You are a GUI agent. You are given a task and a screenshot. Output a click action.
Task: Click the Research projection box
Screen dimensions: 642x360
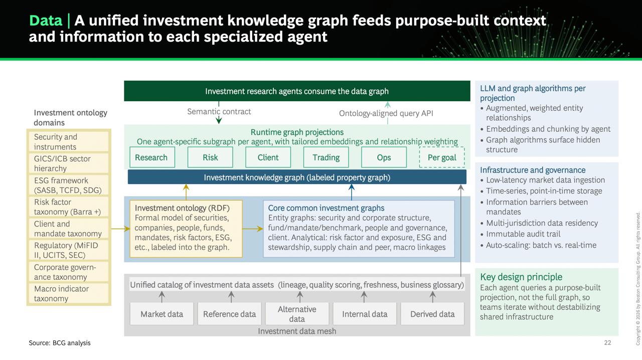click(x=152, y=157)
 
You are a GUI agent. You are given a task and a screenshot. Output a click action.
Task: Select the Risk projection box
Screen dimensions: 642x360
click(x=210, y=157)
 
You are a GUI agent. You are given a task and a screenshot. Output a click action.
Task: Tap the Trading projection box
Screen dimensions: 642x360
click(x=326, y=157)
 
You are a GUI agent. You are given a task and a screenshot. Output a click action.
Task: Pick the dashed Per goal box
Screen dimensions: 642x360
click(x=442, y=157)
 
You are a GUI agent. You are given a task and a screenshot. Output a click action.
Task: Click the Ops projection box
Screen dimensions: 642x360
click(x=384, y=157)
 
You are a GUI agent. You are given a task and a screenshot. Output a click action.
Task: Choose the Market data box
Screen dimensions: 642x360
click(x=162, y=314)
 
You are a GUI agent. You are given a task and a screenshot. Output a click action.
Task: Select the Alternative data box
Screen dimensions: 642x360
click(x=297, y=314)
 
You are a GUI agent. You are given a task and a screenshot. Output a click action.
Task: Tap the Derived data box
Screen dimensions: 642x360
click(x=432, y=314)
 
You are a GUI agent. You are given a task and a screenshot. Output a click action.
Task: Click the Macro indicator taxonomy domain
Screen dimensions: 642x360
click(x=69, y=293)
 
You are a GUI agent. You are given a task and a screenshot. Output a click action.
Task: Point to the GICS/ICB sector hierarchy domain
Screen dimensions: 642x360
click(x=69, y=163)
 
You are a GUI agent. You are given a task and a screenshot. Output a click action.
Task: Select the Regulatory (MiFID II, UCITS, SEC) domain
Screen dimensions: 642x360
click(x=69, y=250)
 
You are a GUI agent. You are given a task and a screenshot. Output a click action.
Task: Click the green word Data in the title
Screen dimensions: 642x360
click(x=46, y=21)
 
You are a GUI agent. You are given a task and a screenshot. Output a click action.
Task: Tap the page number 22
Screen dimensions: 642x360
click(x=607, y=342)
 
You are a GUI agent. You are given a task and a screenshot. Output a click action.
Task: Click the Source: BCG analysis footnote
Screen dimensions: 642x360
click(x=60, y=343)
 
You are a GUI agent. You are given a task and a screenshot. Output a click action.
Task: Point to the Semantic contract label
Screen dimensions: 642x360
click(x=219, y=111)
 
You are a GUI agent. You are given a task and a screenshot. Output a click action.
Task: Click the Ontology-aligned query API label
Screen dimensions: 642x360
click(x=386, y=113)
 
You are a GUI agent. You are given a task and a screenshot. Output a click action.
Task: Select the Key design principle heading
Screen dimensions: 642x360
click(x=521, y=277)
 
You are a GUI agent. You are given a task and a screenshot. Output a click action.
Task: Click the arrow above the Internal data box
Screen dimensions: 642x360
click(x=364, y=297)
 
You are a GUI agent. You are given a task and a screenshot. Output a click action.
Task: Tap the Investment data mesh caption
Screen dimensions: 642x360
click(x=297, y=331)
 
